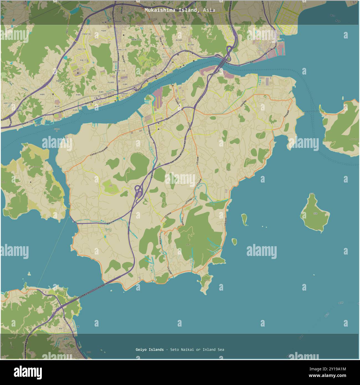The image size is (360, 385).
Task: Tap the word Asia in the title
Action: (209, 10)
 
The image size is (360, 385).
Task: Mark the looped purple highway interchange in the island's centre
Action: (138, 191)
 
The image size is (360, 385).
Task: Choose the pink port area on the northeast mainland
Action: (274, 52)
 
